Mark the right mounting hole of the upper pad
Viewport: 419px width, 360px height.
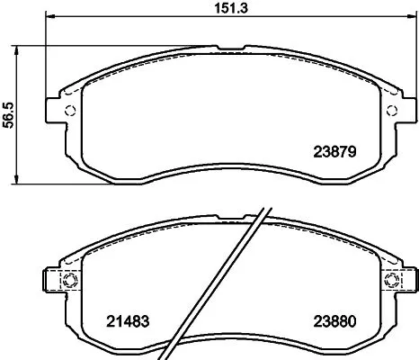click(x=390, y=111)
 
